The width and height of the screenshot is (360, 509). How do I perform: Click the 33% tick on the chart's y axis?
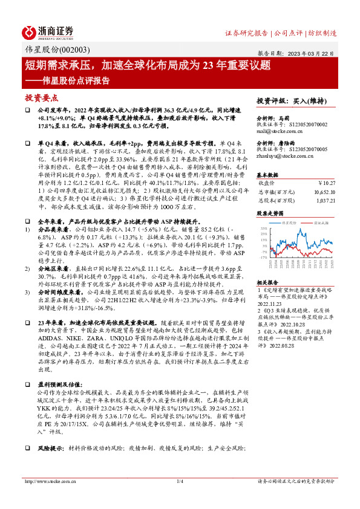click(x=263, y=228)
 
